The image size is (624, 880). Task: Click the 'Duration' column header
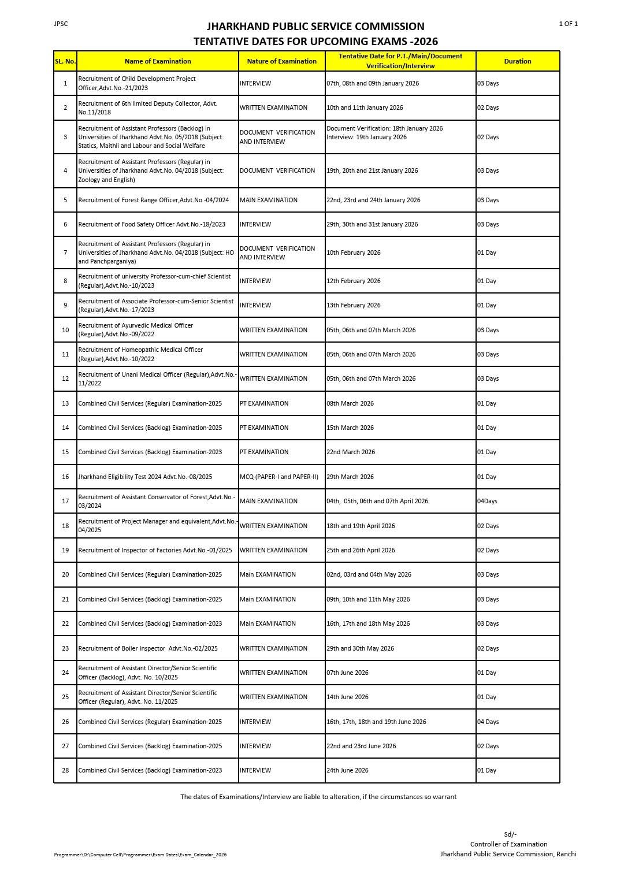pyautogui.click(x=517, y=61)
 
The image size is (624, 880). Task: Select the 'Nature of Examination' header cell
pyautogui.click(x=281, y=61)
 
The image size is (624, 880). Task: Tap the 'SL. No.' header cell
pyautogui.click(x=65, y=61)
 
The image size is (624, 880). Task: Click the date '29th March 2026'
pyautogui.click(x=350, y=477)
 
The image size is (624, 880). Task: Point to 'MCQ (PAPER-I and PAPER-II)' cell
pyautogui.click(x=279, y=477)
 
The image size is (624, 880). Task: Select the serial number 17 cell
pyautogui.click(x=65, y=501)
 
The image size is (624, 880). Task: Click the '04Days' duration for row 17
pyautogui.click(x=487, y=501)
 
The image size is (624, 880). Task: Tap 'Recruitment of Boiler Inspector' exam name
pyautogui.click(x=148, y=648)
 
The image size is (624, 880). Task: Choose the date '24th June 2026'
pyautogui.click(x=347, y=770)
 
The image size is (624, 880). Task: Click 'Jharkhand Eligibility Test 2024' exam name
pyautogui.click(x=145, y=477)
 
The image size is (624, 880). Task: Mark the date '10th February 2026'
pyautogui.click(x=354, y=253)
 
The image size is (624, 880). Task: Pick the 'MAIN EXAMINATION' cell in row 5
pyautogui.click(x=269, y=200)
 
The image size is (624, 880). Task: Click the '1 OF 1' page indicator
pyautogui.click(x=568, y=24)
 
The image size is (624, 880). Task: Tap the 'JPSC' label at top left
pyautogui.click(x=61, y=24)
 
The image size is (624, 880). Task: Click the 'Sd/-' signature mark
pyautogui.click(x=510, y=834)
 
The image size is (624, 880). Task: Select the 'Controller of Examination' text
pyautogui.click(x=508, y=844)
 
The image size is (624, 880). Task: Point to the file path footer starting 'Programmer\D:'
pyautogui.click(x=140, y=855)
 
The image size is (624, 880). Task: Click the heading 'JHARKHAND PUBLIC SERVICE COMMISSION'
pyautogui.click(x=315, y=27)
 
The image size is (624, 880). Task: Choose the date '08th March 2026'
pyautogui.click(x=350, y=403)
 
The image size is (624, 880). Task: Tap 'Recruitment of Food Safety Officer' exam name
pyautogui.click(x=152, y=224)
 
